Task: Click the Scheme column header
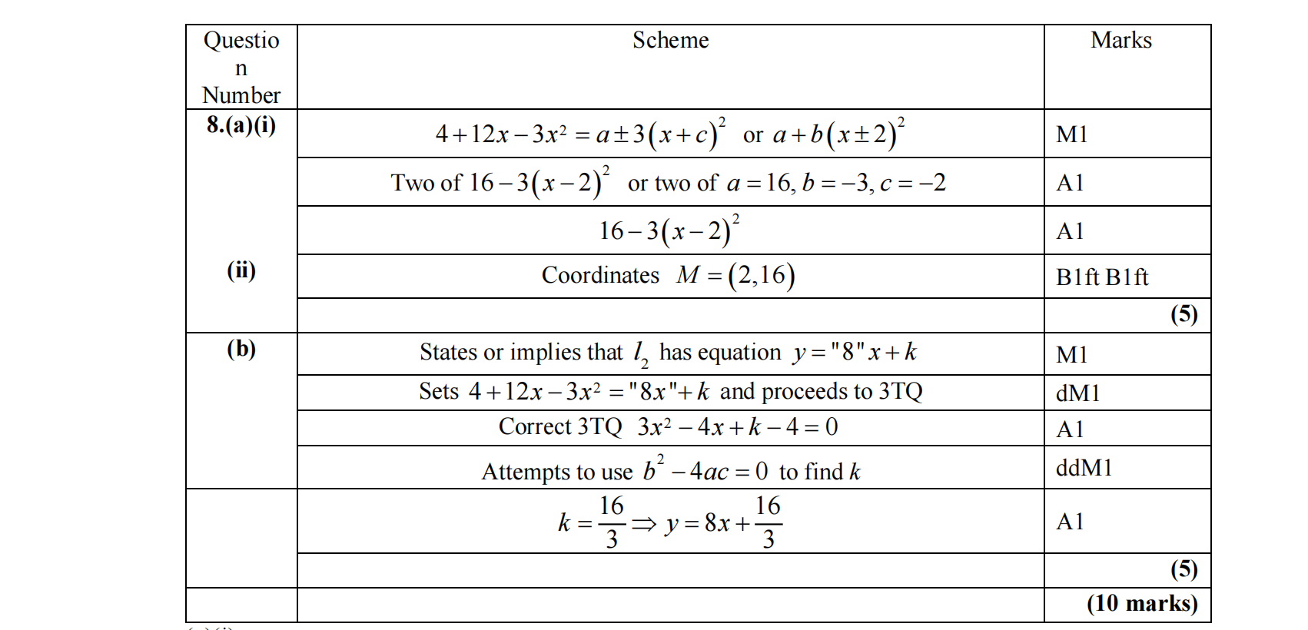click(x=670, y=40)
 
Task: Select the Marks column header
click(x=1120, y=40)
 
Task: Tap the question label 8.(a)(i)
click(x=241, y=124)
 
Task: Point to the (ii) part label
click(x=241, y=270)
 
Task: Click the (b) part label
click(x=241, y=349)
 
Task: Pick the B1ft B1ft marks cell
click(x=1102, y=277)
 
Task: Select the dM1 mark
click(x=1077, y=393)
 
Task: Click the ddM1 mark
click(x=1084, y=467)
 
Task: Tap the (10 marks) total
click(x=1142, y=604)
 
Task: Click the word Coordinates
click(x=600, y=275)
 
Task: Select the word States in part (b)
click(x=449, y=352)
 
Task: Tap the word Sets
click(x=438, y=391)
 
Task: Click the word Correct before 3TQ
click(x=534, y=426)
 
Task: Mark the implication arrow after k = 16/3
click(x=644, y=524)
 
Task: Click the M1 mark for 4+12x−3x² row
click(x=1071, y=134)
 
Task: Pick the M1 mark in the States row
click(x=1071, y=355)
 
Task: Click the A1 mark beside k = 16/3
click(x=1070, y=522)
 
